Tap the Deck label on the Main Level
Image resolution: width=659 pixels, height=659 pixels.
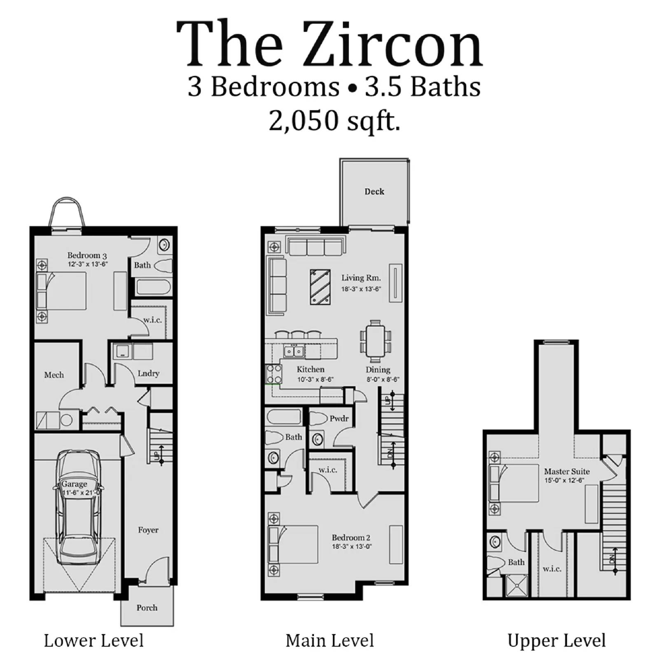pyautogui.click(x=374, y=192)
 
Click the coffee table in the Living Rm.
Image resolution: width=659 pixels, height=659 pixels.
pyautogui.click(x=320, y=287)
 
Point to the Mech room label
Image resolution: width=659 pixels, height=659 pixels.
pyautogui.click(x=54, y=375)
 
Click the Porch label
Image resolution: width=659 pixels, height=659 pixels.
pyautogui.click(x=147, y=608)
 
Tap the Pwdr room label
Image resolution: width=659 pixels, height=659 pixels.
pyautogui.click(x=339, y=418)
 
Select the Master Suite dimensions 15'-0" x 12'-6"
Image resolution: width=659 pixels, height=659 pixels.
pyautogui.click(x=564, y=481)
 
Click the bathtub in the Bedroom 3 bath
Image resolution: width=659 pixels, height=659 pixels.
pyautogui.click(x=153, y=287)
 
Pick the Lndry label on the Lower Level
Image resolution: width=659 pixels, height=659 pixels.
pyautogui.click(x=148, y=373)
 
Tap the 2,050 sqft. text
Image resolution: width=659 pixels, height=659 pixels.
pyautogui.click(x=334, y=121)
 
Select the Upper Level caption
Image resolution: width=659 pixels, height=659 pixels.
pyautogui.click(x=556, y=641)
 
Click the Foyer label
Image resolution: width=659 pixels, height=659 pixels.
pyautogui.click(x=148, y=530)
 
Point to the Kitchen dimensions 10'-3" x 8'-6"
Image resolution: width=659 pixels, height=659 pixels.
pyautogui.click(x=315, y=380)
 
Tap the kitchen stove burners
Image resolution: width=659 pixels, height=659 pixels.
pyautogui.click(x=274, y=374)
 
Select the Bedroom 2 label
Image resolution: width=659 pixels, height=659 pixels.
pyautogui.click(x=351, y=537)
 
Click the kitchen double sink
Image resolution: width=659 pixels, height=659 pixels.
pyautogui.click(x=294, y=351)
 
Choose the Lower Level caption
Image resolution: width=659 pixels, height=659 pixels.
pyautogui.click(x=93, y=641)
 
